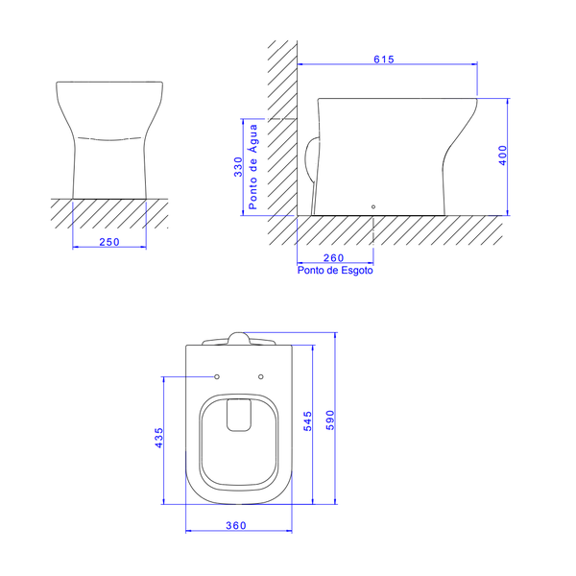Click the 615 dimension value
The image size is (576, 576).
click(383, 60)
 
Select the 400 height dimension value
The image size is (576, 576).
click(501, 156)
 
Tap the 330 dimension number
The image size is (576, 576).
click(238, 167)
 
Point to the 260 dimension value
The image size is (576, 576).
click(333, 257)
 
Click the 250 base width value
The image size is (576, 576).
click(109, 242)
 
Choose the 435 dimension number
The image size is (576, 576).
click(160, 439)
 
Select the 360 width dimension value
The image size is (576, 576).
click(237, 525)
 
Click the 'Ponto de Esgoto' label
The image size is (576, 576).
click(335, 271)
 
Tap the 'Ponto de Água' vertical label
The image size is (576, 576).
click(253, 167)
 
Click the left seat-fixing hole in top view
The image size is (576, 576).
click(217, 375)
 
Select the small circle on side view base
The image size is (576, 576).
click(373, 205)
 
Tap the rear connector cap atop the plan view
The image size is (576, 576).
click(238, 338)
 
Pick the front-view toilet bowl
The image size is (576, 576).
click(109, 134)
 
